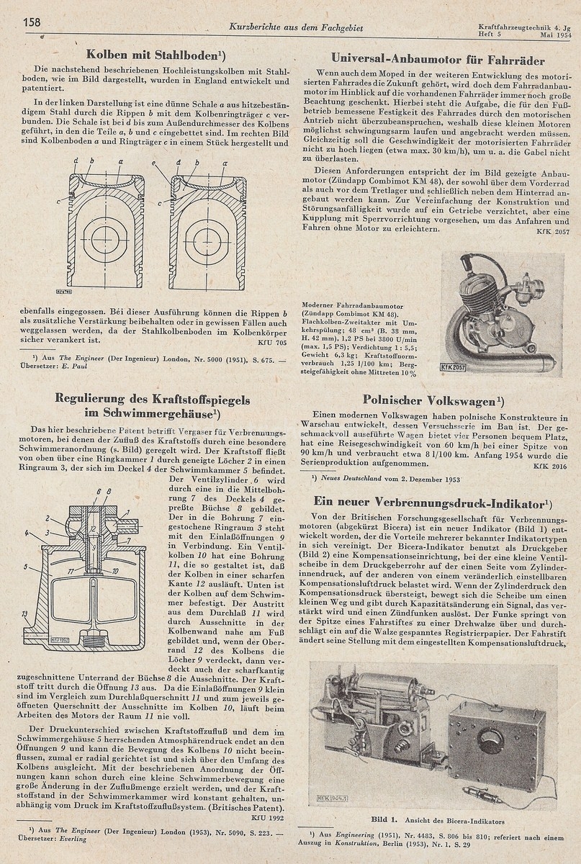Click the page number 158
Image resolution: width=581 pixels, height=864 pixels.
[x=32, y=22]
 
